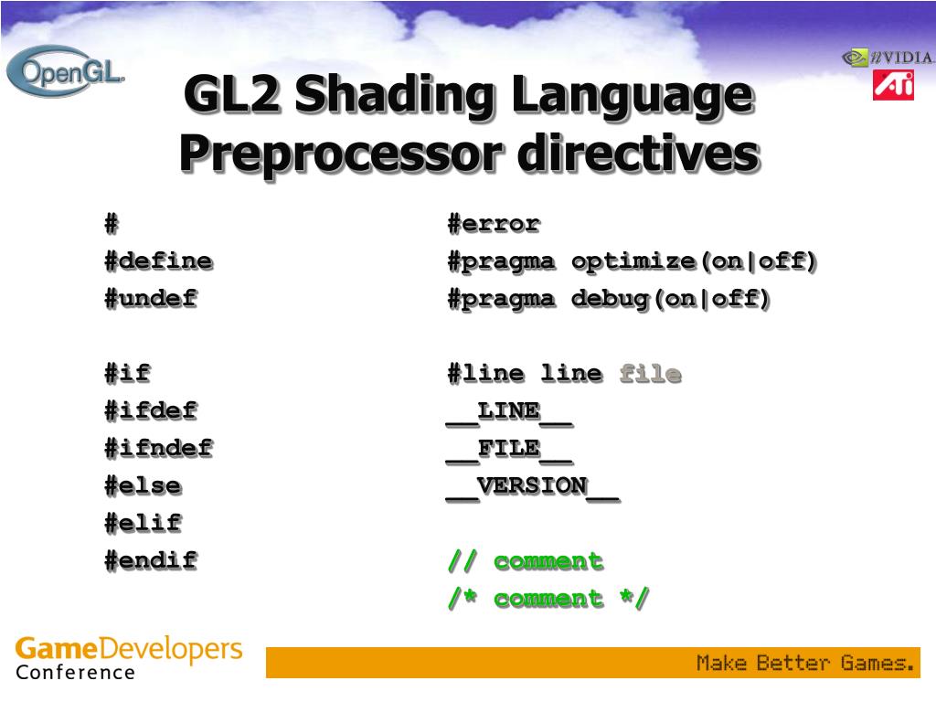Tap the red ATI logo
pyautogui.click(x=893, y=85)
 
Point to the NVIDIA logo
pyautogui.click(x=888, y=58)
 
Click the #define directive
pyautogui.click(x=158, y=261)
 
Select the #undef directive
pyautogui.click(x=150, y=299)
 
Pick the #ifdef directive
pyautogui.click(x=150, y=411)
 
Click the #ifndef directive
pyautogui.click(x=158, y=449)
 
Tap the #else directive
pyautogui.click(x=143, y=486)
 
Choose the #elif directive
pyautogui.click(x=143, y=524)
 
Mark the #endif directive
pyautogui.click(x=150, y=560)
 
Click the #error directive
pyautogui.click(x=494, y=224)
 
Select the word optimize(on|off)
pyautogui.click(x=695, y=261)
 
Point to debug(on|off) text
pyautogui.click(x=671, y=299)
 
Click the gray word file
pyautogui.click(x=650, y=374)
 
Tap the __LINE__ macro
pyautogui.click(x=509, y=412)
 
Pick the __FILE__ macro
pyautogui.click(x=509, y=450)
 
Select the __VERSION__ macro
pyautogui.click(x=532, y=487)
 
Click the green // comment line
pyautogui.click(x=525, y=561)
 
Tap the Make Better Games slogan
pyautogui.click(x=805, y=663)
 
